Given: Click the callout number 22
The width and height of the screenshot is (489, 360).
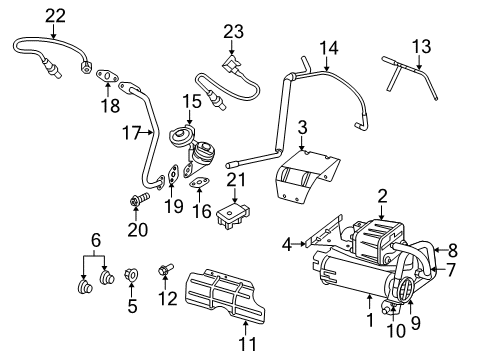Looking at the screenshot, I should [55, 14].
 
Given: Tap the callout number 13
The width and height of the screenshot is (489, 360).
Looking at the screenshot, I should [422, 45].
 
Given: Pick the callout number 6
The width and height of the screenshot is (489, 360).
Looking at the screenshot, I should [96, 241].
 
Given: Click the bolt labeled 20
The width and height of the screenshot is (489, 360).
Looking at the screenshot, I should [134, 205].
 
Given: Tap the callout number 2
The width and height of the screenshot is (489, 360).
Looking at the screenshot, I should [382, 196].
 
